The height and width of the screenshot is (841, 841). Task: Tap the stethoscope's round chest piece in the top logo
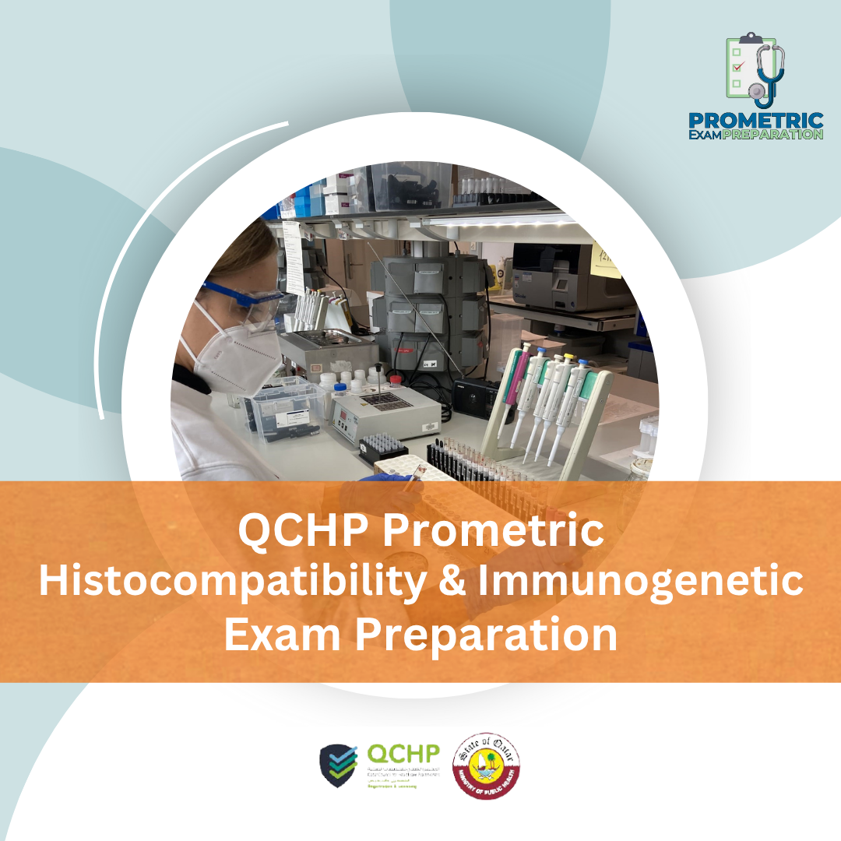click(756, 91)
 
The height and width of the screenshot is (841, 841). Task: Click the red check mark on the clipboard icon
click(738, 65)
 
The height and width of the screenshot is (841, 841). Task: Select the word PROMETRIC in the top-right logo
click(755, 121)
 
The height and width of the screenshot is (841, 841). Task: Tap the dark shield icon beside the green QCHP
click(340, 765)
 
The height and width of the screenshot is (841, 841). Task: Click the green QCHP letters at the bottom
click(403, 754)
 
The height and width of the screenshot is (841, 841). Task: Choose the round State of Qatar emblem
click(487, 765)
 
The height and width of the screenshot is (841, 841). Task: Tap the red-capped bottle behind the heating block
click(396, 379)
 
